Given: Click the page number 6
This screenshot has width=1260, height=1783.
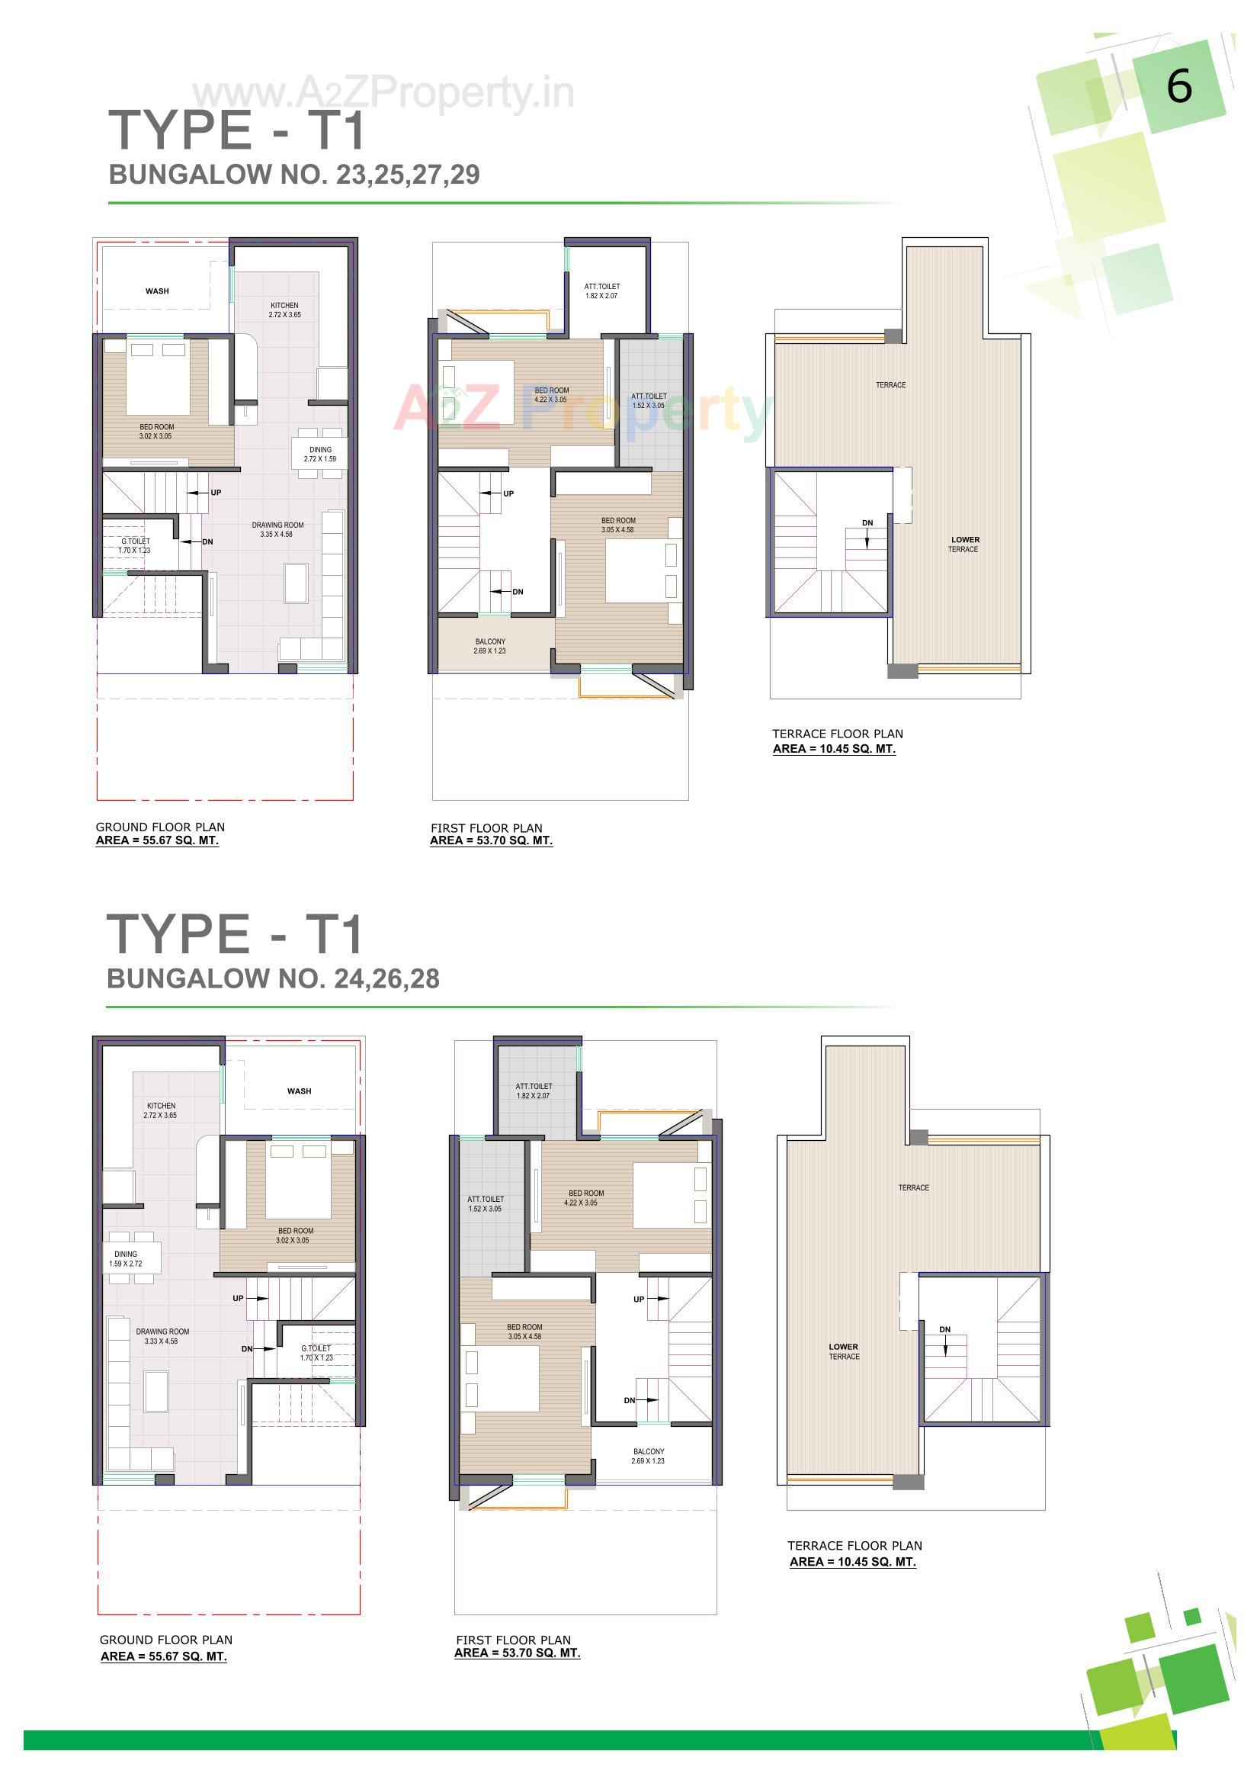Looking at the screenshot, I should pyautogui.click(x=1178, y=86).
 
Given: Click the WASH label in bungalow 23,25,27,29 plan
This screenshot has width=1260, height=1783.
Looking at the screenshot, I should pyautogui.click(x=157, y=291).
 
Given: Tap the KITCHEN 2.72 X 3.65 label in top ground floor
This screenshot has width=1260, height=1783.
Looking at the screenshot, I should pyautogui.click(x=285, y=310).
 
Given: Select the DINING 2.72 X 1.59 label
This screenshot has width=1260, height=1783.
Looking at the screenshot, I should pyautogui.click(x=320, y=455).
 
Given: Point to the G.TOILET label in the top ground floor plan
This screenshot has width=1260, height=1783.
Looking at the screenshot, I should pyautogui.click(x=135, y=545).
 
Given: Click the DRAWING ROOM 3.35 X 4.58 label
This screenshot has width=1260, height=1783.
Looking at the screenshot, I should pyautogui.click(x=277, y=529).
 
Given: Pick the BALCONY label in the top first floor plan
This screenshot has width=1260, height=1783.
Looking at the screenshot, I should pyautogui.click(x=490, y=646).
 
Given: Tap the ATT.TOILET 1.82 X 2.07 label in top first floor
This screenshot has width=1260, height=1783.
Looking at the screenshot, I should pyautogui.click(x=601, y=291).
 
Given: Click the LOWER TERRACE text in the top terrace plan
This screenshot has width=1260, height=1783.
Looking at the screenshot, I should pyautogui.click(x=964, y=545).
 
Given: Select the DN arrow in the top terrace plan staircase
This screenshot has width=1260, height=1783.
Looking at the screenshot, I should pyautogui.click(x=867, y=533).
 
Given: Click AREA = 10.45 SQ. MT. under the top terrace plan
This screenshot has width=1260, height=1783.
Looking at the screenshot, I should pyautogui.click(x=834, y=749).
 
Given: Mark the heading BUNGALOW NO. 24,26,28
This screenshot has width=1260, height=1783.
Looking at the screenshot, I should pyautogui.click(x=274, y=978).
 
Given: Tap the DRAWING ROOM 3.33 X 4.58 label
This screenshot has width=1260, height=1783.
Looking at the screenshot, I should pyautogui.click(x=162, y=1335).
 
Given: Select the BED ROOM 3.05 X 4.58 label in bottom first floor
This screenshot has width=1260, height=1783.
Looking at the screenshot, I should pyautogui.click(x=524, y=1332).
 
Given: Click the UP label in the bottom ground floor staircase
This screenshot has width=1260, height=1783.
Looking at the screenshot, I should pyautogui.click(x=239, y=1299).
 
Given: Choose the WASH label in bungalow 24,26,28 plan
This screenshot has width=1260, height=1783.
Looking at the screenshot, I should pyautogui.click(x=299, y=1091).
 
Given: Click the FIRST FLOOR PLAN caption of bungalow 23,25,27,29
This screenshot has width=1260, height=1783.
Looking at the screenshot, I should pyautogui.click(x=486, y=828).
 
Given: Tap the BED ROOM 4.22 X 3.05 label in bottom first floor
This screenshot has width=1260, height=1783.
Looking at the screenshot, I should pyautogui.click(x=585, y=1197).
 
